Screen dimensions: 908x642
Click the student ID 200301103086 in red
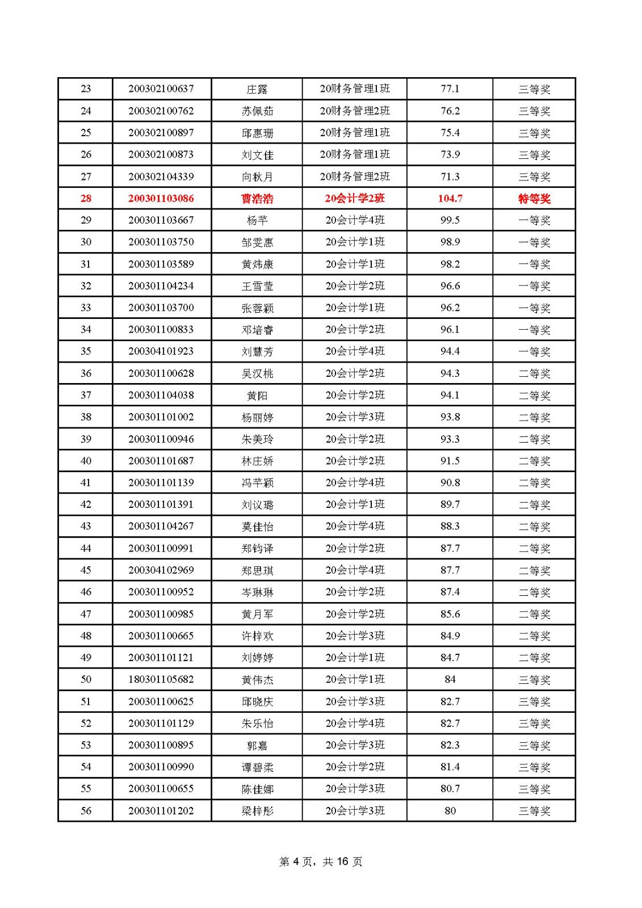(x=161, y=199)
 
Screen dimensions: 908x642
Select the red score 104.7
(x=450, y=199)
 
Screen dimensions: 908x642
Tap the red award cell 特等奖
(x=534, y=199)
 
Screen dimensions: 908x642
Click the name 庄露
(x=257, y=89)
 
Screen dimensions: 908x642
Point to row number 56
(x=86, y=811)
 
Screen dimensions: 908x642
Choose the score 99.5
(x=450, y=220)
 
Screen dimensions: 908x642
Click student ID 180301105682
(x=161, y=679)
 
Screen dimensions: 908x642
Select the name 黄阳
(x=257, y=396)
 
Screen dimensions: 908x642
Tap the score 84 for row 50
(x=450, y=679)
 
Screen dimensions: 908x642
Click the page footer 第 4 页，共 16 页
(x=321, y=861)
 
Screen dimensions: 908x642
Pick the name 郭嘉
(x=257, y=745)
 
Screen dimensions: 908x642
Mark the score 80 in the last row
(x=450, y=811)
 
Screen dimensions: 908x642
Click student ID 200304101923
(x=161, y=351)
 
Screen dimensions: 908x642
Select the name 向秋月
(x=257, y=177)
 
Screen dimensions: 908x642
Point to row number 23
(x=86, y=89)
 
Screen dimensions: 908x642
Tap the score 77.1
(x=450, y=89)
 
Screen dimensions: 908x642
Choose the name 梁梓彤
(x=257, y=811)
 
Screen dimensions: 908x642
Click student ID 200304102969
(x=161, y=570)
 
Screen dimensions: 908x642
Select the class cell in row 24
(x=355, y=111)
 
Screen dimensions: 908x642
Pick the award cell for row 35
(x=534, y=352)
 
